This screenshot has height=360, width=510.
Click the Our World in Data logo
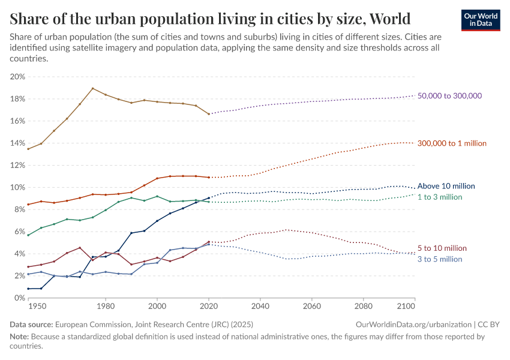click(x=480, y=20)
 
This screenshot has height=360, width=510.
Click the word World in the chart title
click(x=390, y=19)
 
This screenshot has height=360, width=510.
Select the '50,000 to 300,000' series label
click(x=449, y=96)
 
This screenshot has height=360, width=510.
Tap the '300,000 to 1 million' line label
click(x=452, y=143)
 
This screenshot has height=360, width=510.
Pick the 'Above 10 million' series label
click(x=446, y=186)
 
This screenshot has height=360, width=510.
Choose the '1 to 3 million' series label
click(x=440, y=197)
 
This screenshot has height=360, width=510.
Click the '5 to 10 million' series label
click(x=442, y=248)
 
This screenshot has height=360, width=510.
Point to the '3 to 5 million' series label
click(x=440, y=259)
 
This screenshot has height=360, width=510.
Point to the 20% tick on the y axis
click(x=17, y=77)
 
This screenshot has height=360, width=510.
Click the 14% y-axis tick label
click(x=17, y=143)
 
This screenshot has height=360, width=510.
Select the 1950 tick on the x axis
click(x=37, y=307)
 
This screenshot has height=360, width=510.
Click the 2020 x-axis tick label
click(x=209, y=307)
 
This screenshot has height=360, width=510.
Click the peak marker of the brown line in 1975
click(x=93, y=89)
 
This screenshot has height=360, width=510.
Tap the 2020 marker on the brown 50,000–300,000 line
click(x=209, y=114)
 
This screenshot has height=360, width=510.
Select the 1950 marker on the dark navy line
click(x=28, y=289)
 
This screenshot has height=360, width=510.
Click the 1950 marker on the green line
click(x=28, y=235)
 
